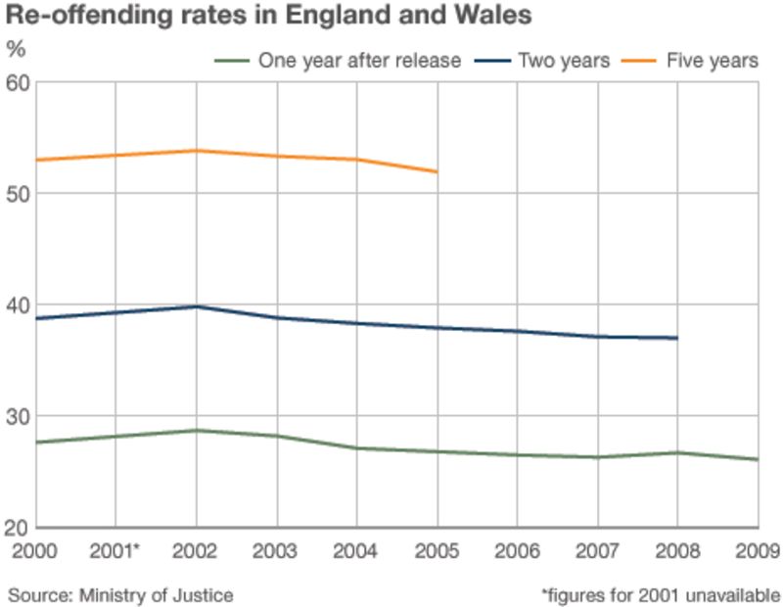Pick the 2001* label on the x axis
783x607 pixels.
click(116, 550)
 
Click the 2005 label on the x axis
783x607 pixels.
click(438, 550)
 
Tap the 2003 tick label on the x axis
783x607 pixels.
click(277, 550)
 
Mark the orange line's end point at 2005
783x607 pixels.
click(438, 172)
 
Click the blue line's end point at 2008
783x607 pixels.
click(677, 338)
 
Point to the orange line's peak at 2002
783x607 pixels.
click(197, 150)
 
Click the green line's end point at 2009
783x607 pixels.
click(758, 459)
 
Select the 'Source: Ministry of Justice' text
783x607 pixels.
click(121, 594)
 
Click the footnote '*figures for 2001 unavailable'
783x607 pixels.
click(661, 594)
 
